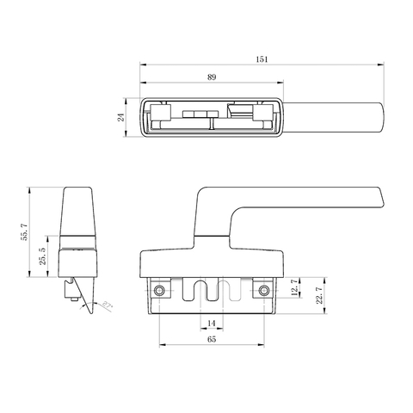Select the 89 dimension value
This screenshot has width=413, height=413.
pyautogui.click(x=211, y=78)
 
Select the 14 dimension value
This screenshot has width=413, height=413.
pyautogui.click(x=211, y=323)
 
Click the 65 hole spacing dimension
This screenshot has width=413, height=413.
pyautogui.click(x=211, y=340)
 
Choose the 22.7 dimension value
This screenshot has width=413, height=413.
pyautogui.click(x=319, y=298)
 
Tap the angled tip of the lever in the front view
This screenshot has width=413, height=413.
pyautogui.click(x=377, y=200)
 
